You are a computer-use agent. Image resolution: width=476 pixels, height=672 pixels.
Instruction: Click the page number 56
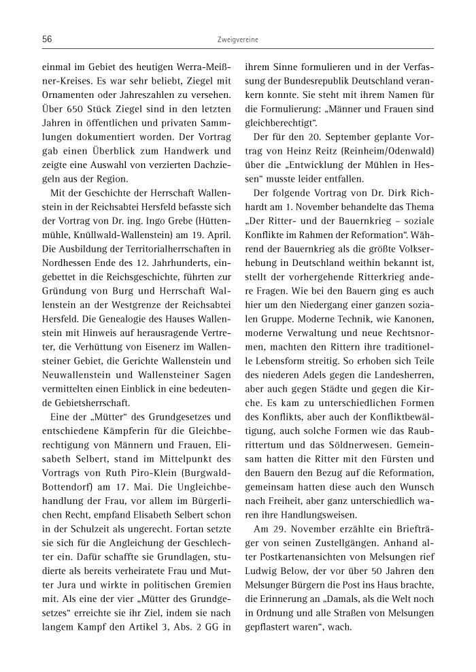point(47,39)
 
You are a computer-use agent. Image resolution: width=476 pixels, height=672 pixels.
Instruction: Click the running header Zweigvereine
point(237,40)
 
